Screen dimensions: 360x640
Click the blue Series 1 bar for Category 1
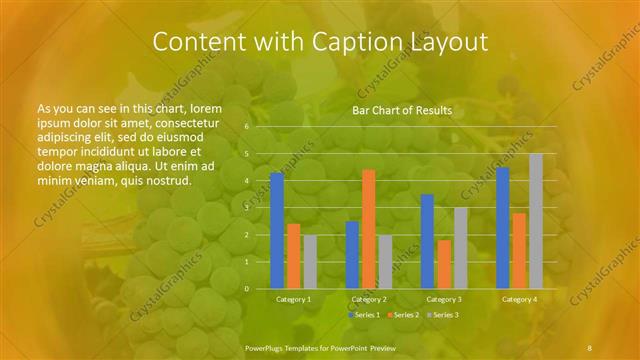(276, 231)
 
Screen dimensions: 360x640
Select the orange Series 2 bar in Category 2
(368, 229)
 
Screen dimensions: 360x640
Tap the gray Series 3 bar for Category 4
(536, 221)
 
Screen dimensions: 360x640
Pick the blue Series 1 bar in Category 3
(427, 241)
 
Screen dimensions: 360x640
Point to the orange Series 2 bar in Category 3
(444, 264)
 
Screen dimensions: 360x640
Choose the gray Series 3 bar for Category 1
(310, 262)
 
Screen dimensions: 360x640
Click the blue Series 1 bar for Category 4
(502, 228)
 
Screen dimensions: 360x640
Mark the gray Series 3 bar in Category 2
(385, 262)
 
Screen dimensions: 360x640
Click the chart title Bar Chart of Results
(402, 110)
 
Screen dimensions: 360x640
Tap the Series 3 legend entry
(443, 315)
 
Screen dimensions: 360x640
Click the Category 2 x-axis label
(369, 299)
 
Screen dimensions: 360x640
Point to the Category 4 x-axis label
(519, 299)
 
